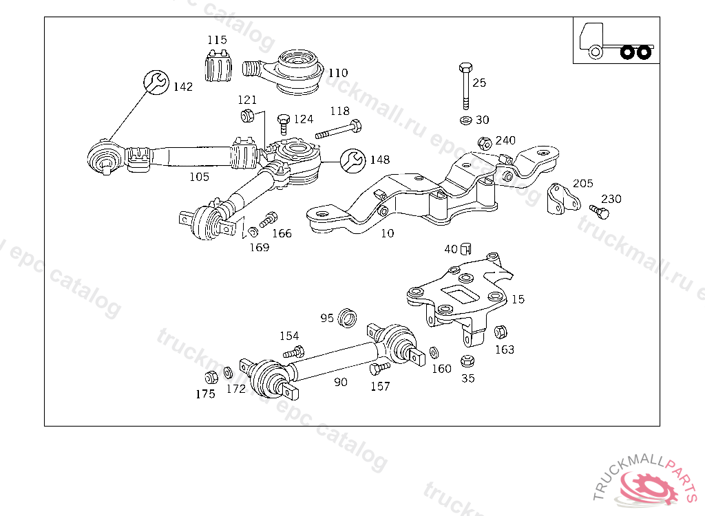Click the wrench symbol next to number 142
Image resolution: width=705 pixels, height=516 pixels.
pyautogui.click(x=156, y=83)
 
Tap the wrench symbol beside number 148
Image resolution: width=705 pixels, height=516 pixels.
pyautogui.click(x=353, y=161)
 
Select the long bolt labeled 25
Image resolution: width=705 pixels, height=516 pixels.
pyautogui.click(x=466, y=86)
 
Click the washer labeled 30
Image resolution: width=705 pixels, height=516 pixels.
pyautogui.click(x=466, y=120)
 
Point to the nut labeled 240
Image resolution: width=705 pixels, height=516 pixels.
pyautogui.click(x=484, y=143)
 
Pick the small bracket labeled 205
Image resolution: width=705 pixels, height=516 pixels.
pyautogui.click(x=563, y=198)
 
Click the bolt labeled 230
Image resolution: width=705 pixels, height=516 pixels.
pyautogui.click(x=600, y=211)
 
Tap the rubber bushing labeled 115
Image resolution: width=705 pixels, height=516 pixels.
pyautogui.click(x=218, y=65)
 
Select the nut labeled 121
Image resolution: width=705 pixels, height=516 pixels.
pyautogui.click(x=247, y=116)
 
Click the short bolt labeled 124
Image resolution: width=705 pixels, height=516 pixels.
pyautogui.click(x=283, y=124)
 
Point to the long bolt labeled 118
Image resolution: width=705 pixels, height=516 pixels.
pyautogui.click(x=339, y=129)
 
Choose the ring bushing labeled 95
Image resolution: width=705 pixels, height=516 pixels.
pyautogui.click(x=347, y=318)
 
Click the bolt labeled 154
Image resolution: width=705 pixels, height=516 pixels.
pyautogui.click(x=294, y=352)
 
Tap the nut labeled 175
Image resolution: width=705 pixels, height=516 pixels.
pyautogui.click(x=211, y=378)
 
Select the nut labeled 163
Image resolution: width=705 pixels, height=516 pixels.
pyautogui.click(x=501, y=332)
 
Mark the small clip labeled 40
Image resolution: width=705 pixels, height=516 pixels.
pyautogui.click(x=466, y=248)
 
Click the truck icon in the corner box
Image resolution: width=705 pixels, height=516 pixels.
pyautogui.click(x=616, y=41)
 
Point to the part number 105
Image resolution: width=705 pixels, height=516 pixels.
pyautogui.click(x=199, y=177)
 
